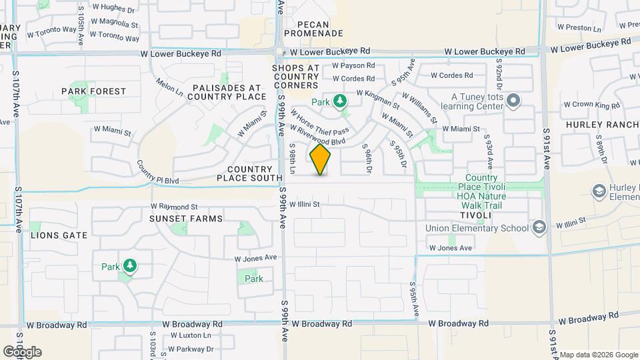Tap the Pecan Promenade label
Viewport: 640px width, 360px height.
(x=313, y=33)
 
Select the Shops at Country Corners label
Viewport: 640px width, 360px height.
(x=295, y=77)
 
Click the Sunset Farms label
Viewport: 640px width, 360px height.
(x=177, y=219)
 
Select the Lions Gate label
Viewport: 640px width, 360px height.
(x=59, y=235)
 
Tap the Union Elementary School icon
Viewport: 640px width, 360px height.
(x=539, y=228)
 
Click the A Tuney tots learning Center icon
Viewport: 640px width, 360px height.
(x=513, y=101)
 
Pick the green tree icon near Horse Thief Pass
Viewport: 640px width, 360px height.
(x=341, y=101)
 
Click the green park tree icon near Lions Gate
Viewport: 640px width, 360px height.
(x=129, y=267)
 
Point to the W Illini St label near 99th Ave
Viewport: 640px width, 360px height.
(x=305, y=203)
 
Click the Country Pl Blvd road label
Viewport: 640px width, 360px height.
(x=158, y=172)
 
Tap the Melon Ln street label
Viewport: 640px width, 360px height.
(x=169, y=89)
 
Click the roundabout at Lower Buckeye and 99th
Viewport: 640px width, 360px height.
(x=280, y=51)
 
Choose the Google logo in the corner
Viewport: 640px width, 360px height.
(x=22, y=351)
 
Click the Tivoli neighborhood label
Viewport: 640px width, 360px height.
(x=479, y=215)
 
